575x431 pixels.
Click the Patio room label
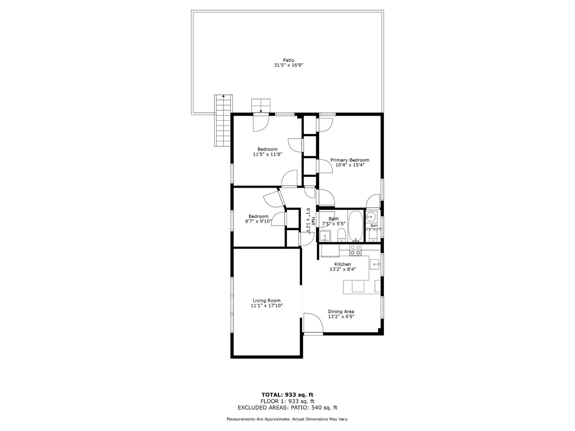click(288, 60)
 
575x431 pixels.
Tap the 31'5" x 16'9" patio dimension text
click(288, 65)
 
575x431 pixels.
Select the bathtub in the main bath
click(356, 226)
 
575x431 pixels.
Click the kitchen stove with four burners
click(355, 250)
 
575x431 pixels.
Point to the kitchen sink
click(375, 265)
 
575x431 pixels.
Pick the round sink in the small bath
click(371, 217)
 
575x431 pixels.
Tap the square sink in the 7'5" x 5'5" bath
click(325, 236)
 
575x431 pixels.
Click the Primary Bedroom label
click(350, 160)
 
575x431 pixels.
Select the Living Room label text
click(267, 301)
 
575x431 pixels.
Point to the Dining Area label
click(341, 311)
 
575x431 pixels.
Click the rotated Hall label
click(313, 221)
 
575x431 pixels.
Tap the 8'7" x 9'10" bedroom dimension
click(258, 222)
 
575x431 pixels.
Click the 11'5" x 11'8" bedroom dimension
click(267, 154)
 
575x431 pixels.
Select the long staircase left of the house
click(223, 121)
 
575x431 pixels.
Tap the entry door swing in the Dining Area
click(312, 322)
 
